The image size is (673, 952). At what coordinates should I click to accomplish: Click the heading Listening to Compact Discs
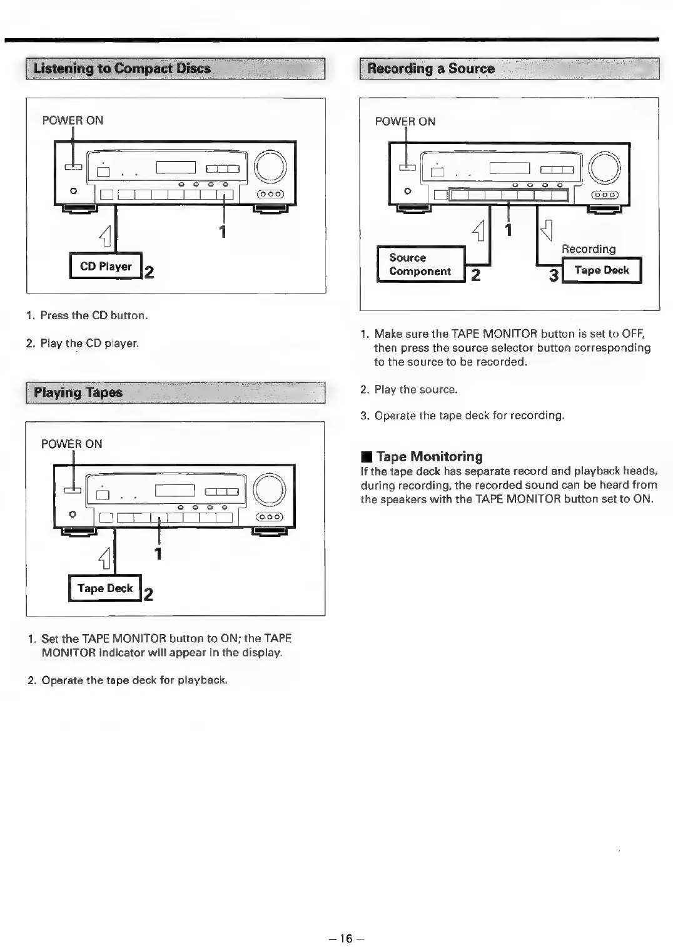tap(122, 68)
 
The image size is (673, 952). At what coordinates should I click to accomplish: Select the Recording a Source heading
tap(431, 68)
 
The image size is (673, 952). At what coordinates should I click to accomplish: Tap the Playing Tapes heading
tap(78, 392)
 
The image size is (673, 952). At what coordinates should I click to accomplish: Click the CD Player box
tap(106, 267)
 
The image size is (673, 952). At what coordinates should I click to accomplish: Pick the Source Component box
tap(420, 265)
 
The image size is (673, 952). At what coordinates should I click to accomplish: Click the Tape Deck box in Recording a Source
tap(602, 270)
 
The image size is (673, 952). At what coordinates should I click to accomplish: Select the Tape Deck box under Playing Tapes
tap(105, 588)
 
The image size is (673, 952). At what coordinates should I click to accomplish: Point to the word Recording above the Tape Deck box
tap(589, 249)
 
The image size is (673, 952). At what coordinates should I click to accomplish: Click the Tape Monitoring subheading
tap(429, 456)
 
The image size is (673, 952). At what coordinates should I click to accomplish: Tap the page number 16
tap(346, 938)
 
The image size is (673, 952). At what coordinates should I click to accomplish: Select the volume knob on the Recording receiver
tap(604, 168)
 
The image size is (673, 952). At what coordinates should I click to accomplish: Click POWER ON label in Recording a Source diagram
tap(405, 121)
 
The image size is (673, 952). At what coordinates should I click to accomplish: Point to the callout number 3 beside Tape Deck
tap(554, 275)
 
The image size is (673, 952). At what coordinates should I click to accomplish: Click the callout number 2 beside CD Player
tap(149, 272)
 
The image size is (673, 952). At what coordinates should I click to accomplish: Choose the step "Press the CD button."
tap(94, 315)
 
